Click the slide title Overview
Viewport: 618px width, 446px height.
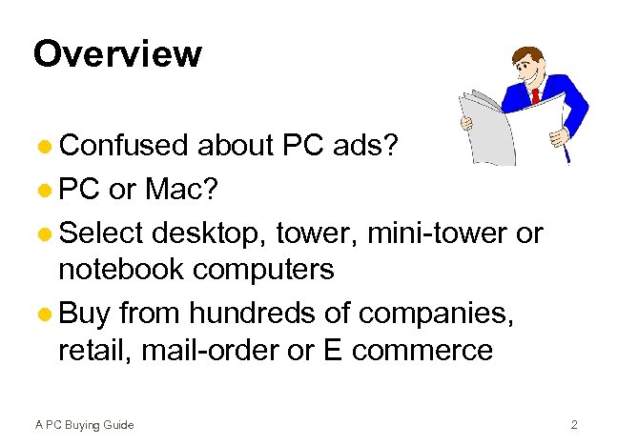tap(117, 54)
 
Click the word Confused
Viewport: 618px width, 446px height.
tap(124, 147)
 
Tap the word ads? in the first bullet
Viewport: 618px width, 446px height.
tap(370, 147)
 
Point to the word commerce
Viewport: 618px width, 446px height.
tap(422, 352)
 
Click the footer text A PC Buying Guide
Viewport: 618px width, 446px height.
tap(84, 424)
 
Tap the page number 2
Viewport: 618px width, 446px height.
tap(574, 424)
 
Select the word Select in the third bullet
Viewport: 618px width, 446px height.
tap(101, 232)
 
